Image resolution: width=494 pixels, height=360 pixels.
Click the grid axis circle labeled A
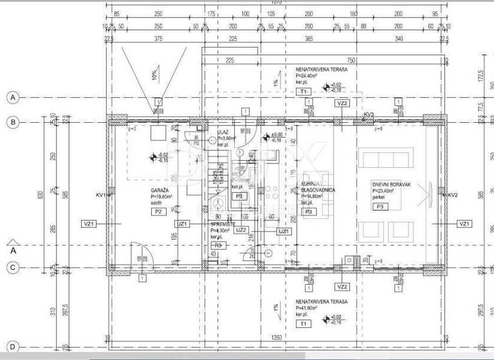coord(12,98)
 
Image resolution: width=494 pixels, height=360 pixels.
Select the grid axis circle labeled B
coord(12,122)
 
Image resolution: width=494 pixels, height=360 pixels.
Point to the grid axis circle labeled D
coord(12,346)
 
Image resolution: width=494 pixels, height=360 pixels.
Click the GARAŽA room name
coord(160,191)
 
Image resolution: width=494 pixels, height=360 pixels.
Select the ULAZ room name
coord(223,131)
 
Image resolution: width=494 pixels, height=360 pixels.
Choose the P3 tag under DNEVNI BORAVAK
coord(380,206)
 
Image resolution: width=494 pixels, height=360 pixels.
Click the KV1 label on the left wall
coord(100,195)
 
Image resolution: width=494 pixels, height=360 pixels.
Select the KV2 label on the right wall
coord(452,195)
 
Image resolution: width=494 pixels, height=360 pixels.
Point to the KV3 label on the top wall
coord(368,115)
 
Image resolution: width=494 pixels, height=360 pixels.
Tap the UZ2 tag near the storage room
coord(241,230)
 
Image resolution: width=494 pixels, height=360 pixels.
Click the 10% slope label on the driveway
coord(154,76)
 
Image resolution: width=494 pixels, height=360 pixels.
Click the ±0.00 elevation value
coord(275,134)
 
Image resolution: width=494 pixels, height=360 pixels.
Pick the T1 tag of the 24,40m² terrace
coord(303,92)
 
